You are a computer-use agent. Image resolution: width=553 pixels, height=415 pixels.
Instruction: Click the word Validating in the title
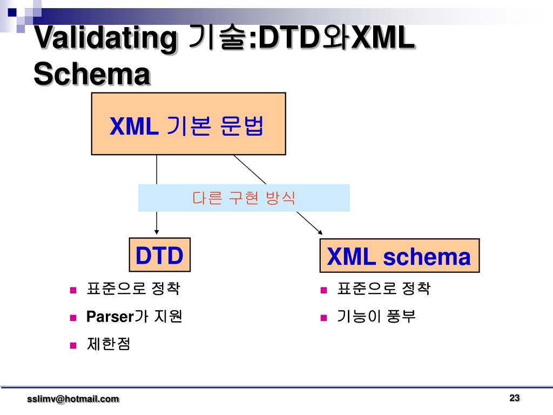click(106, 39)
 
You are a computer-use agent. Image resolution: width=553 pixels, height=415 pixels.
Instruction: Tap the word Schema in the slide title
click(91, 74)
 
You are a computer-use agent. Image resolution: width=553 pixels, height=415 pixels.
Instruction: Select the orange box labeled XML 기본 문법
click(188, 124)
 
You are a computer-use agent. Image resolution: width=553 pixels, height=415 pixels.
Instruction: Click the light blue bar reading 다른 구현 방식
click(244, 198)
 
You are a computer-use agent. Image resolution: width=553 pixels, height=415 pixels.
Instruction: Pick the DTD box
click(159, 255)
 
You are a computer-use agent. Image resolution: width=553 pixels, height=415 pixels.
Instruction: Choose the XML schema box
click(399, 256)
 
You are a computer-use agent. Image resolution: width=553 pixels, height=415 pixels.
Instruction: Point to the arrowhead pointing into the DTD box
click(157, 233)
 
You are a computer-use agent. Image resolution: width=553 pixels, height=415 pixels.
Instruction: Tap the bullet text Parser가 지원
click(134, 317)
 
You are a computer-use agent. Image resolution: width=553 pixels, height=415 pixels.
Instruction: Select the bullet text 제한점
click(109, 345)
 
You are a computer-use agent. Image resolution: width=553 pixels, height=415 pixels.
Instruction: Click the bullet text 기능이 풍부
click(376, 317)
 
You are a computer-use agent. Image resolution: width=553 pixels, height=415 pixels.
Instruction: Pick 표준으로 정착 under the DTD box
click(133, 290)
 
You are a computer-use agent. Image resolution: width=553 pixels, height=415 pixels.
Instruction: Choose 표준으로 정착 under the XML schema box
click(383, 290)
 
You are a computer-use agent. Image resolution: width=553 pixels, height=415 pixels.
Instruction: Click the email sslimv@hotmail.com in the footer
click(73, 399)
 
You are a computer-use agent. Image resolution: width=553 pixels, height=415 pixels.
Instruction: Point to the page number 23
click(514, 398)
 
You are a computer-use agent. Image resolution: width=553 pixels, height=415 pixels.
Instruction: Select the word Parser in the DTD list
click(110, 317)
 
